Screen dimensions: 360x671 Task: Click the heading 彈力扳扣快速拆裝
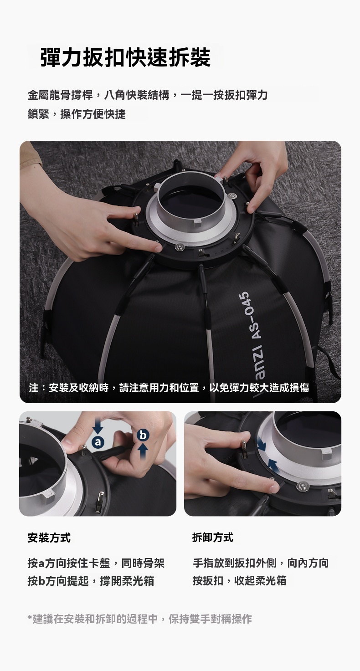point(126,57)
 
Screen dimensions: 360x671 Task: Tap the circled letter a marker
point(98,442)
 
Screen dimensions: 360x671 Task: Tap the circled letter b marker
point(143,435)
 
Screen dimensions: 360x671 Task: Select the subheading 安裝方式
point(49,538)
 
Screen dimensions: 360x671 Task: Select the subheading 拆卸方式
point(213,538)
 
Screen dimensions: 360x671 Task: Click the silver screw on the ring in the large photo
point(180,246)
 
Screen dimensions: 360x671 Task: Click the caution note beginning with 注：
point(169,388)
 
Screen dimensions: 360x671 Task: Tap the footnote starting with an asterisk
point(140,619)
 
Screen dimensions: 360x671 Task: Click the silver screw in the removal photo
point(302,486)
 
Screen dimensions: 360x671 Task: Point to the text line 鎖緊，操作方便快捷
point(77,114)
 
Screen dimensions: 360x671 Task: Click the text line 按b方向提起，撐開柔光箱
point(91,581)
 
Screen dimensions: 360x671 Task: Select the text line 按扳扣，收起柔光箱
point(240,580)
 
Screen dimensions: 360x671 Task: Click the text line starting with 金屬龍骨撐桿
point(148,95)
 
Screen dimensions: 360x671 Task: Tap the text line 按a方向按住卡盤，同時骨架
point(96,563)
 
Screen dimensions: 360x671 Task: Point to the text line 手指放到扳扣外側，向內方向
point(261,563)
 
